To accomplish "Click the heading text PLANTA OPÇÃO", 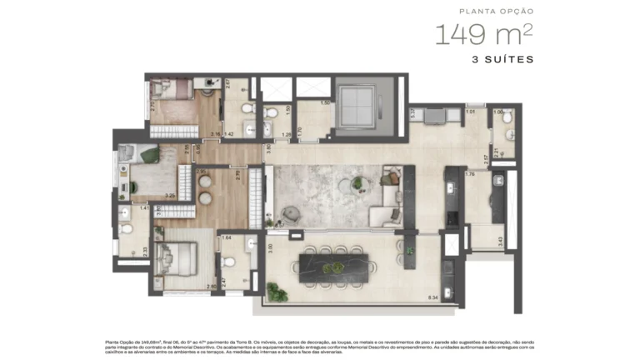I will (x=497, y=12).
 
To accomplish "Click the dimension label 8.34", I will (x=432, y=297).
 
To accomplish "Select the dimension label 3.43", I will (x=500, y=241).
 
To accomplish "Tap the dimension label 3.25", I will (x=169, y=196).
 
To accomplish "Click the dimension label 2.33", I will (x=144, y=249).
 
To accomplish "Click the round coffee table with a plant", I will (x=358, y=183).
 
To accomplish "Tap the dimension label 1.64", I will (x=227, y=238).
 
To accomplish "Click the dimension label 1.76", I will (x=469, y=174).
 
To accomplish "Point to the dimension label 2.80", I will (x=212, y=287).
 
